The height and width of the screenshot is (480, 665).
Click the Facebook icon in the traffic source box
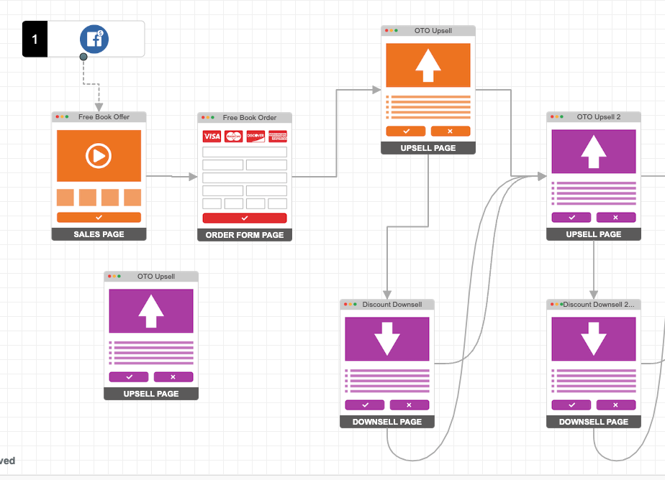pos(94,40)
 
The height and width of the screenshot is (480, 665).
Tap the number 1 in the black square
pos(35,40)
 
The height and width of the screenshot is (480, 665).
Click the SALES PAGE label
pos(99,234)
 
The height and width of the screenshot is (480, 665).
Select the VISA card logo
pos(212,137)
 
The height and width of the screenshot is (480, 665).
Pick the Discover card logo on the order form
pos(255,137)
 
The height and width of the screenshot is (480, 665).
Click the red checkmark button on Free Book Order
pos(245,218)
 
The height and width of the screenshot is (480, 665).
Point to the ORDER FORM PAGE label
pos(245,235)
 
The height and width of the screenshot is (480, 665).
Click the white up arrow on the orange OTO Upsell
pos(428,65)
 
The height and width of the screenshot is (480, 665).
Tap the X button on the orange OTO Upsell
pos(451,131)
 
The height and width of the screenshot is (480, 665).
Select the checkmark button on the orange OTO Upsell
pos(406,131)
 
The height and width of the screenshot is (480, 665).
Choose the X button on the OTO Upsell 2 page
pos(616,217)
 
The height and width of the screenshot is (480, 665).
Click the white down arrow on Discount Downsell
pos(387,338)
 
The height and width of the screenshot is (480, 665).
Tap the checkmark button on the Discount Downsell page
pos(365,405)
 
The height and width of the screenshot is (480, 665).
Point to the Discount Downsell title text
pos(392,305)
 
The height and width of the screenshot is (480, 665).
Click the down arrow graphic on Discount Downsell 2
pos(594,338)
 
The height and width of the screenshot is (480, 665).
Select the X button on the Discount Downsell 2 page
pos(616,405)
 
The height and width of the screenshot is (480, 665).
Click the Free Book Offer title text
pos(104,116)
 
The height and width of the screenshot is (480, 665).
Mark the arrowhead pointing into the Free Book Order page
pos(193,176)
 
